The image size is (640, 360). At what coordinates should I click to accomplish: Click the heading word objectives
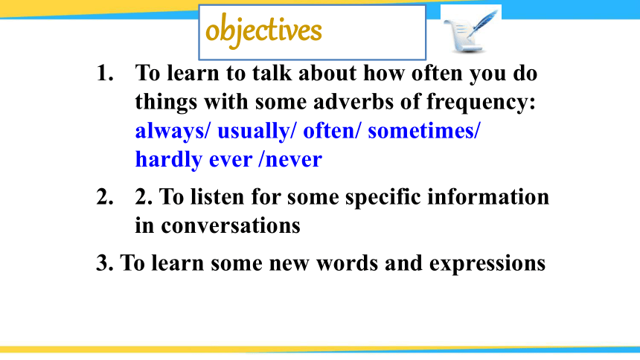pos(263,30)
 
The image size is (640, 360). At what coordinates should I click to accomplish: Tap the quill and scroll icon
pos(470,30)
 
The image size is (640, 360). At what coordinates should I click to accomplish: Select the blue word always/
pos(173,132)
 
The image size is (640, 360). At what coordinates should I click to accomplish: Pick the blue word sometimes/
pos(424,131)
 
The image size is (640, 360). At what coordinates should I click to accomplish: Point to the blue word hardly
pos(169,160)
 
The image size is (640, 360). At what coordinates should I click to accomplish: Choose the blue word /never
pos(290,160)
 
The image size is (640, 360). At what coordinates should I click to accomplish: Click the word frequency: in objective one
pos(481,102)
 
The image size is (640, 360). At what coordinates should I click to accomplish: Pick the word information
pos(488,196)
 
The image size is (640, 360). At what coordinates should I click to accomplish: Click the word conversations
pos(231,225)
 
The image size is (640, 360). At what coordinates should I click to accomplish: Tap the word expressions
pos(487,263)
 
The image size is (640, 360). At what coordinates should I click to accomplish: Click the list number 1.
pos(105,74)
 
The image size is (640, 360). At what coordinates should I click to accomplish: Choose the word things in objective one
pos(166,102)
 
